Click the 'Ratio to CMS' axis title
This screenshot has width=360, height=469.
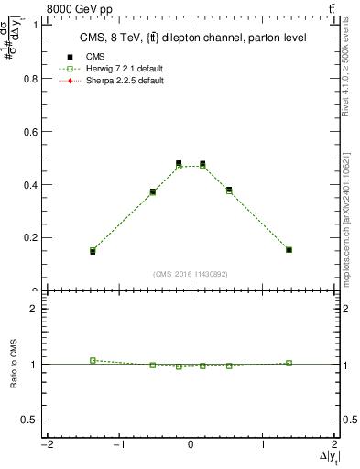14,364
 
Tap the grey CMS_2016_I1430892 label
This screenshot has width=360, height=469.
191,274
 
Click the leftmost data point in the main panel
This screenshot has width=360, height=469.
93,250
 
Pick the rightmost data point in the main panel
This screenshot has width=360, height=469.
289,249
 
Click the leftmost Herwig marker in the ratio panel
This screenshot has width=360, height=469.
93,360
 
